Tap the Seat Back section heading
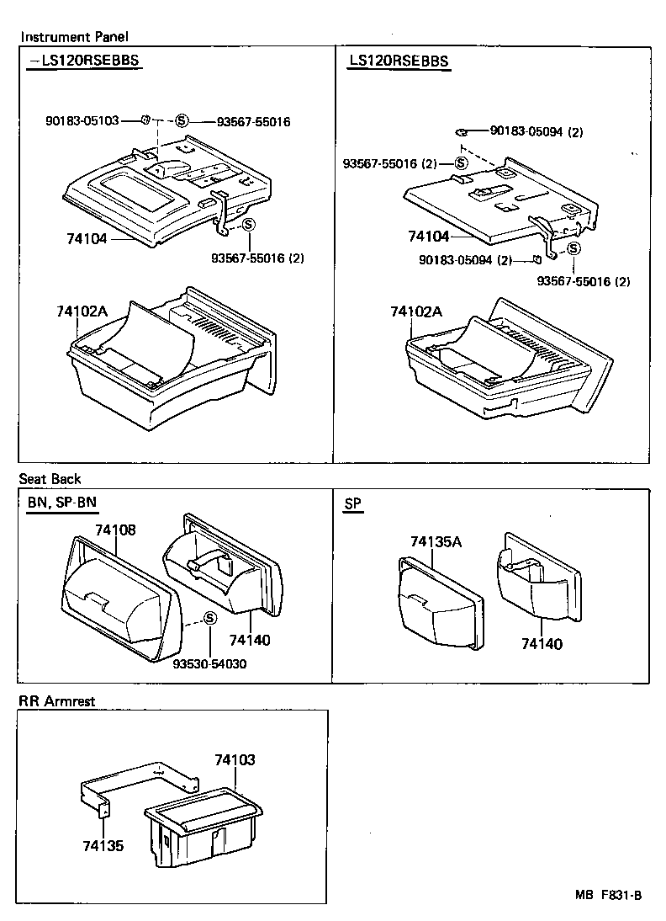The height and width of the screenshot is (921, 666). coord(50,479)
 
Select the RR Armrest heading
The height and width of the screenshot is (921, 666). coord(57,700)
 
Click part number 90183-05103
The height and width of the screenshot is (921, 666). coord(82,121)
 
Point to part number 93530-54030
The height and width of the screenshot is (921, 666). coord(209,664)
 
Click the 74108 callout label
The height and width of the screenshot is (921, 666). coord(115,530)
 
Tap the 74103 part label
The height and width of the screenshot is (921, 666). coord(235,759)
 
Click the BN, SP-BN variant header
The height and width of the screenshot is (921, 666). coord(61,503)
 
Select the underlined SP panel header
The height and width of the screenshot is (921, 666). coord(352,503)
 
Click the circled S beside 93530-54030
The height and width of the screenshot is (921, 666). coord(210,620)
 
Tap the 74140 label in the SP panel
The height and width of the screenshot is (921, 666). coord(542,644)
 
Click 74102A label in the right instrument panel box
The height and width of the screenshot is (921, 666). coord(415,311)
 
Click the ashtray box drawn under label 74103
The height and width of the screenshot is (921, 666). coord(202,829)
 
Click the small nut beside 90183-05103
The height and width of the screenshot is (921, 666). coord(145,120)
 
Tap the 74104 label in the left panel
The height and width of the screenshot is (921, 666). coord(87,238)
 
